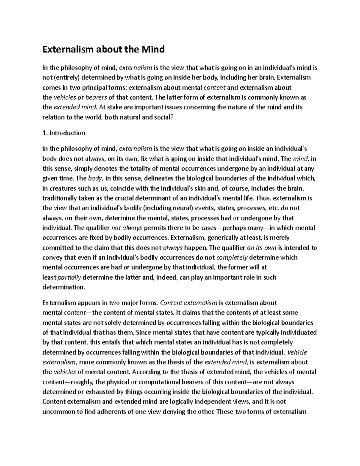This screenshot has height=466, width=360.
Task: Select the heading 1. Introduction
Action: point(64,133)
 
